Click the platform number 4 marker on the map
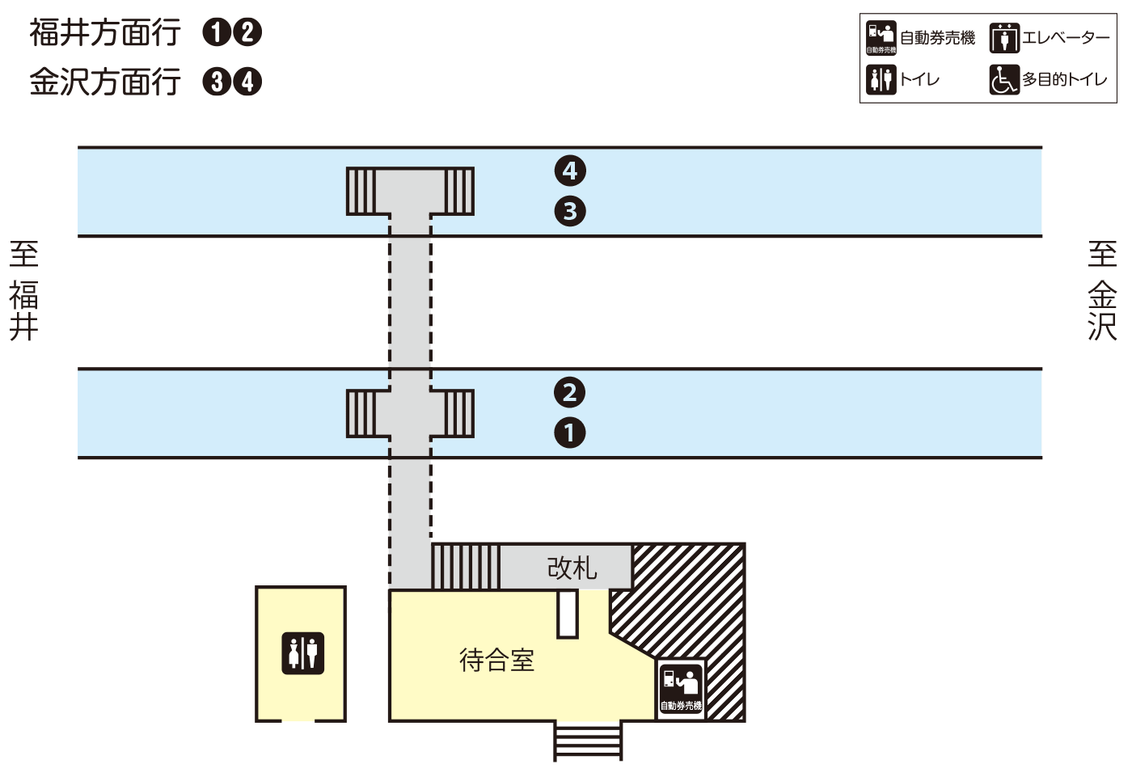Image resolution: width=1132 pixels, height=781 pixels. (x=570, y=171)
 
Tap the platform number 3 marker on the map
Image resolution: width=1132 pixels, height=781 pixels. (x=570, y=211)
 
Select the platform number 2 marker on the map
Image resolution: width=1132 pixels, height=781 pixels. (x=570, y=392)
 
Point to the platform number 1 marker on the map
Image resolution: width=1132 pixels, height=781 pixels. (x=570, y=433)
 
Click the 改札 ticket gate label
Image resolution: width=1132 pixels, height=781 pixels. (x=572, y=568)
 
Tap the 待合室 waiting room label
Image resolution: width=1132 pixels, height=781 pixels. (x=496, y=661)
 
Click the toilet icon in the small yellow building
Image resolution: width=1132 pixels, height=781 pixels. (x=302, y=653)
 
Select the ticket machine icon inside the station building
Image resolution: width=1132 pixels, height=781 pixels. (x=681, y=686)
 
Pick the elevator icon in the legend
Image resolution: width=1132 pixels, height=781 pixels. (x=1004, y=38)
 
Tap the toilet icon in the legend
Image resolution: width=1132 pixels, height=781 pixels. (x=881, y=79)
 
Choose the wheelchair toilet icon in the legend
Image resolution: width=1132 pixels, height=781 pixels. (x=1004, y=79)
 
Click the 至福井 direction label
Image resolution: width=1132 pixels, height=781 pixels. (x=24, y=290)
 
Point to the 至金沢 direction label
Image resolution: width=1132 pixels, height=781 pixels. (x=1102, y=290)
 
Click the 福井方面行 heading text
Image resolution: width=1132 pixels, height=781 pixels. (x=105, y=32)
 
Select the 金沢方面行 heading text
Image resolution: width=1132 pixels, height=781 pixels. (x=105, y=82)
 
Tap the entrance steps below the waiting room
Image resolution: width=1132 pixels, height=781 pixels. (x=588, y=741)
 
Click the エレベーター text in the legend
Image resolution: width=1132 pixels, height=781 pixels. (x=1066, y=38)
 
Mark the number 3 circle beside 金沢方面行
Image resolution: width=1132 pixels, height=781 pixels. (x=216, y=82)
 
